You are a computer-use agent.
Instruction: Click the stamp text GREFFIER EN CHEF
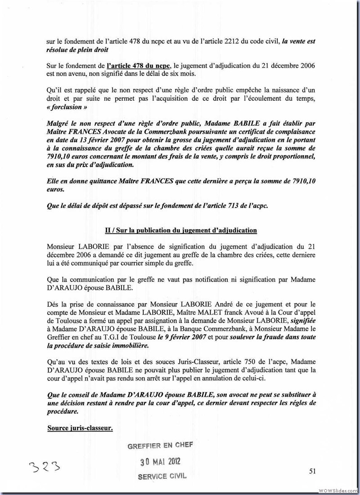[x=160, y=445]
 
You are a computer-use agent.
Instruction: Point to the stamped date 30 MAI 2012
[x=160, y=462]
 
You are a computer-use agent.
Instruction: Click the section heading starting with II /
[x=181, y=230]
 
